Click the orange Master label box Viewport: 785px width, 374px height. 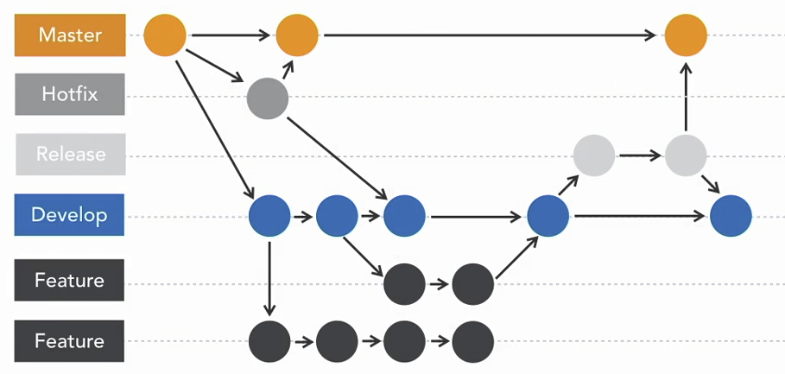70,35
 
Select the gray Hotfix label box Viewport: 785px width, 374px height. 70,95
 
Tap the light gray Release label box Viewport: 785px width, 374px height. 70,155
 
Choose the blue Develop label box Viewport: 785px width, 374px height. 70,215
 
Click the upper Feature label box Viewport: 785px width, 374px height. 70,281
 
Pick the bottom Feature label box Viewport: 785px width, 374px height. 70,341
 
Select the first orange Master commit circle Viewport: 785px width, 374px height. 165,35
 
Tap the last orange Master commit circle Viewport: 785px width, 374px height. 686,35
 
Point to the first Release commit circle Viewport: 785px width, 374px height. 594,155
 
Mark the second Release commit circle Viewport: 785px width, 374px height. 687,155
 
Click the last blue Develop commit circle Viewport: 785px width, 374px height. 731,216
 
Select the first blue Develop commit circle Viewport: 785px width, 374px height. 269,216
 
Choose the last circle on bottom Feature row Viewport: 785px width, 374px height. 472,341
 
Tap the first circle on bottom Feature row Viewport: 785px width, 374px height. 269,341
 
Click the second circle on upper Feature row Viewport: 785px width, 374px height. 472,282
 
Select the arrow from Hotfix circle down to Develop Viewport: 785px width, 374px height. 337,155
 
